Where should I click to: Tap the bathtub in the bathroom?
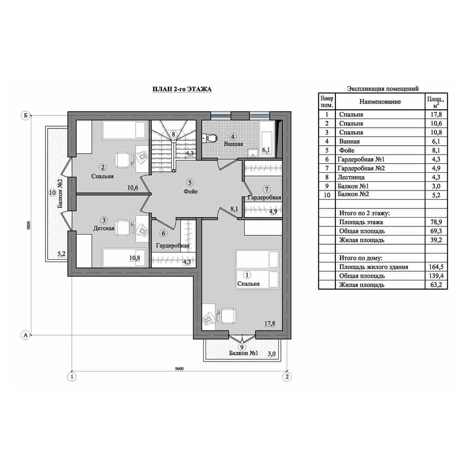click(x=267, y=139)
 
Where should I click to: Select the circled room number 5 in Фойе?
click(x=190, y=182)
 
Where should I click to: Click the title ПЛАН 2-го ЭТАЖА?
click(x=182, y=89)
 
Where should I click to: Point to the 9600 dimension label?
click(x=179, y=368)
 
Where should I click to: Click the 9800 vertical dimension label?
click(x=28, y=225)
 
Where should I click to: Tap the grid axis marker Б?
click(x=25, y=115)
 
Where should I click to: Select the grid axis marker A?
click(x=26, y=335)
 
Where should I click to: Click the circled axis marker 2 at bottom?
click(x=287, y=377)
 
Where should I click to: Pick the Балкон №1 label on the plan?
click(x=243, y=353)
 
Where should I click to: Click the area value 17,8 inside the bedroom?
click(x=270, y=324)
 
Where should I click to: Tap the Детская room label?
click(x=104, y=228)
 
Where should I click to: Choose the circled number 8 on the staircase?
click(x=173, y=134)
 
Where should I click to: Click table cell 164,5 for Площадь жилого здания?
click(x=436, y=267)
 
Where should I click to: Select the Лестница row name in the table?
click(x=351, y=177)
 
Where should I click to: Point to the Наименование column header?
click(x=380, y=101)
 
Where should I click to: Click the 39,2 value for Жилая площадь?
click(x=436, y=240)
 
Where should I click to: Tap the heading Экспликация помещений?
click(x=383, y=88)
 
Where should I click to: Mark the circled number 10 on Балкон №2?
click(x=52, y=193)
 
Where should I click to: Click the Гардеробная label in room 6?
click(x=173, y=246)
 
